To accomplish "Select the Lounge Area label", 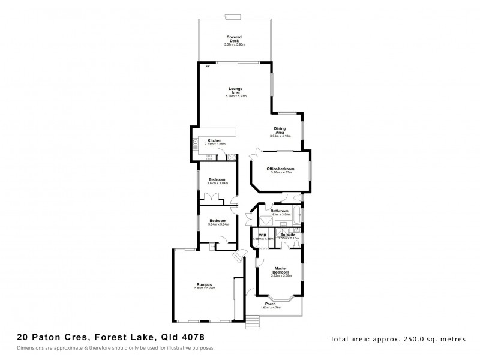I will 235,91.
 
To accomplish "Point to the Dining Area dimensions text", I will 280,136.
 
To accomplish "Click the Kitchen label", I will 214,140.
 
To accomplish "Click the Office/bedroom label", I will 280,169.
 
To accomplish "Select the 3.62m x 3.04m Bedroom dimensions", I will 217,184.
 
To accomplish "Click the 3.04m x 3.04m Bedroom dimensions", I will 218,224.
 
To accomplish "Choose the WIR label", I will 263,234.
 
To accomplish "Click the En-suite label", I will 289,234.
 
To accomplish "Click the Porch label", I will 280,304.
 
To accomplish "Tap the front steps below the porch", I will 254,322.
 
